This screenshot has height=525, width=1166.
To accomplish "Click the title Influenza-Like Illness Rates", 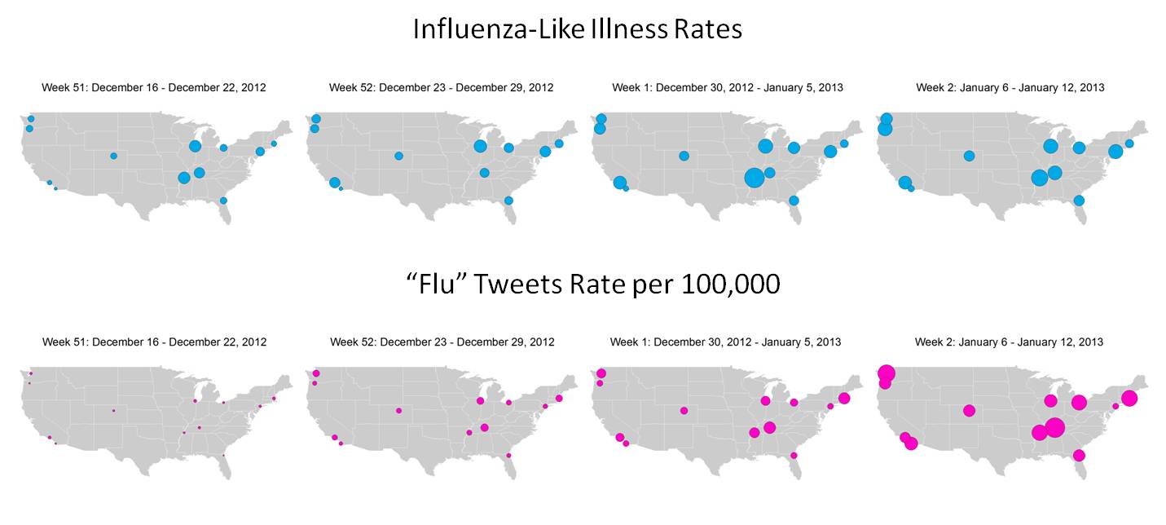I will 577,29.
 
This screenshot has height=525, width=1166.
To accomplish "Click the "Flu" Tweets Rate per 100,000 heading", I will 592,284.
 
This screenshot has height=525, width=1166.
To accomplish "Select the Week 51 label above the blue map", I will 154,87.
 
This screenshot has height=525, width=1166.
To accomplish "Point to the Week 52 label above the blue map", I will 441,87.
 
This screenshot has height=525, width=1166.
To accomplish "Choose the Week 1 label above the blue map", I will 727,87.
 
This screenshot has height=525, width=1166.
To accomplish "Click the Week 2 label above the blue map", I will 1010,87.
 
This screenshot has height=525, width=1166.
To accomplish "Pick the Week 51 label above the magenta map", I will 154,342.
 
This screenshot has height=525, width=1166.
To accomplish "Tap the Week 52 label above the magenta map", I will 442,342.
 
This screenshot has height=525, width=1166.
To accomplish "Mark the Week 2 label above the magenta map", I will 1009,342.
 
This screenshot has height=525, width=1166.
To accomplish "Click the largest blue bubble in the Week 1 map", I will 755,177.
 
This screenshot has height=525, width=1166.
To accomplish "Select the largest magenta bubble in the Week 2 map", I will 1054,427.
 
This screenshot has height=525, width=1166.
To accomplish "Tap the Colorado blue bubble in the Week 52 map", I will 398,156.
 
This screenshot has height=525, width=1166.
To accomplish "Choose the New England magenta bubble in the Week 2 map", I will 1129,398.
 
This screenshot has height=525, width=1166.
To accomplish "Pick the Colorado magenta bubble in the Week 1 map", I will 684,410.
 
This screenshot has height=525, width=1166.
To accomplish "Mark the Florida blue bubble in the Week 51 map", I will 223,201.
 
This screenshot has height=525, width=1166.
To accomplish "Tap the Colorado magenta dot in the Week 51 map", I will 113,410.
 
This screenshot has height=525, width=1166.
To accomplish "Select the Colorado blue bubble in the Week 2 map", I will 969,156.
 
